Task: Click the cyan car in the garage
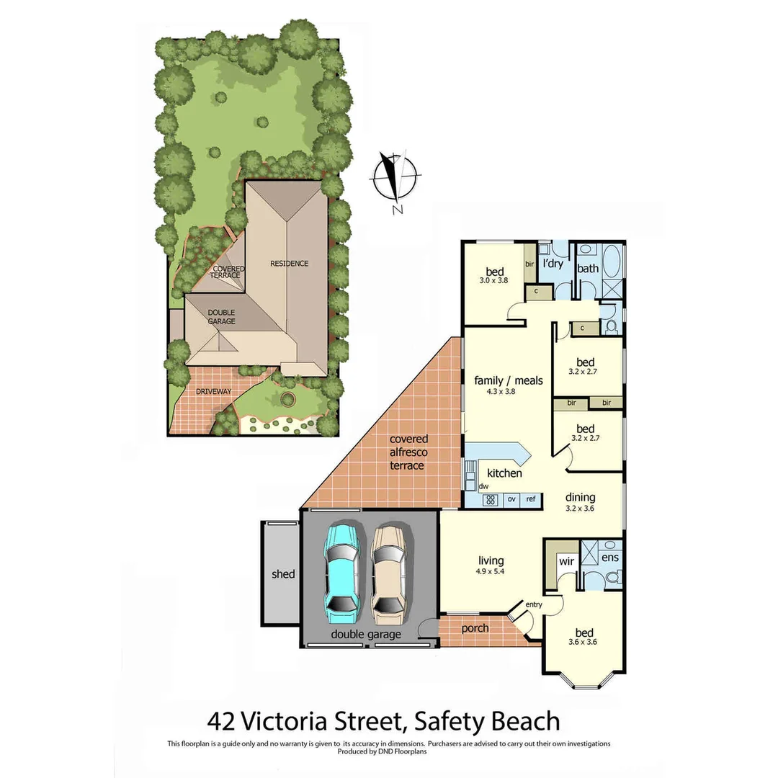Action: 343,573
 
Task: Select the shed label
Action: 283,574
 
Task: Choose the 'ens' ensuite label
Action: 609,558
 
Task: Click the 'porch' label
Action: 475,628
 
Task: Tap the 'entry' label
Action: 534,604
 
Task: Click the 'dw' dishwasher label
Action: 473,487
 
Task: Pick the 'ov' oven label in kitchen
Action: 512,498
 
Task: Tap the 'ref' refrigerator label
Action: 531,498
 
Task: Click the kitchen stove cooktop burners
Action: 489,499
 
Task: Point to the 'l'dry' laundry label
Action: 553,264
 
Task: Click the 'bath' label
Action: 588,269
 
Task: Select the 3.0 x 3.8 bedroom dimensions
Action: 494,282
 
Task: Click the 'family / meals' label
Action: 508,380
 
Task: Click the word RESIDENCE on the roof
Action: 289,264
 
